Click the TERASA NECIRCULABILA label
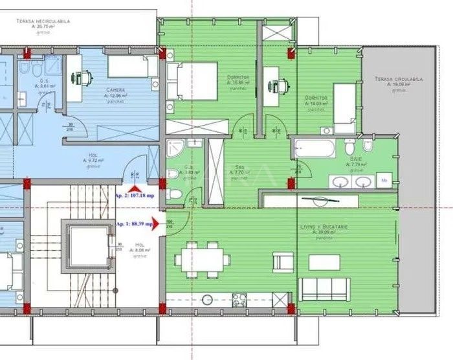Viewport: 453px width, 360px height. click(43, 21)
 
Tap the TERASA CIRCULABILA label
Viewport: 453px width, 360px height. click(398, 79)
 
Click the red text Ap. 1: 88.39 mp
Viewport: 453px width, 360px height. click(135, 224)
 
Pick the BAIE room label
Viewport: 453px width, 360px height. click(357, 159)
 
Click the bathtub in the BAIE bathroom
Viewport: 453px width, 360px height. click(313, 148)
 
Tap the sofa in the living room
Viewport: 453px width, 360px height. click(324, 289)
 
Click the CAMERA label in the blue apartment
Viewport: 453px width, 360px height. click(116, 90)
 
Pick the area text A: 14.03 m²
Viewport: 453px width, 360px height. click(316, 104)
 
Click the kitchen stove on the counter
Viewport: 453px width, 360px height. click(239, 299)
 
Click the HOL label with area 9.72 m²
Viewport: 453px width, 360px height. click(93, 156)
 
